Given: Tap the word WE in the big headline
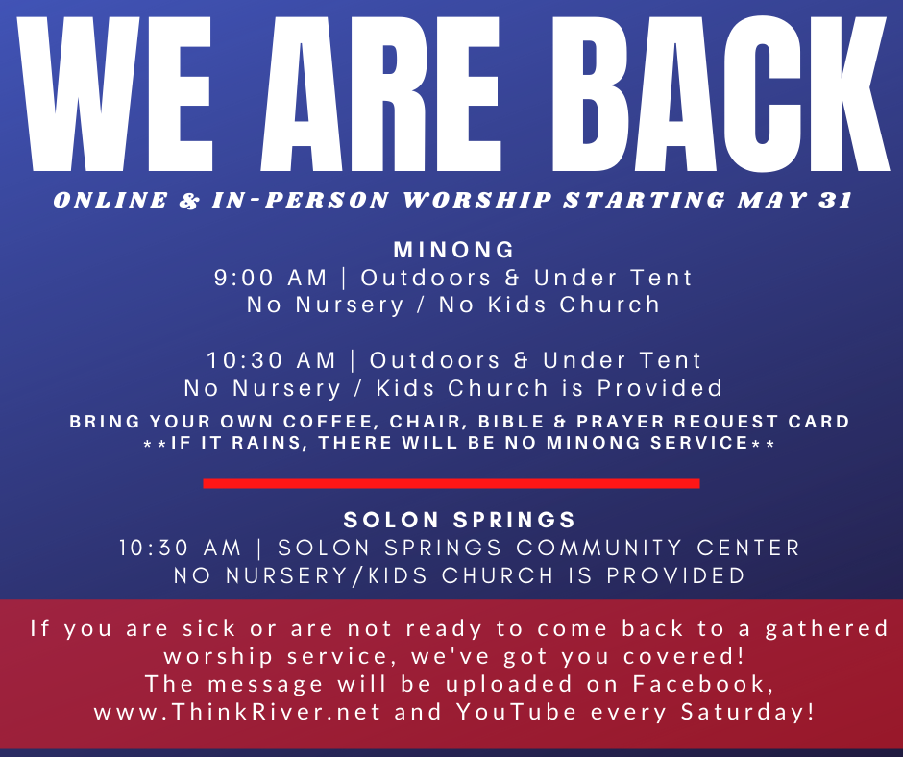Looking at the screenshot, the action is (115, 95).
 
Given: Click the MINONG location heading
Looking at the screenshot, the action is (453, 250).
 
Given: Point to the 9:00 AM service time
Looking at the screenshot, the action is (271, 278).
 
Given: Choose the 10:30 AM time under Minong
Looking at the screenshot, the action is (271, 360).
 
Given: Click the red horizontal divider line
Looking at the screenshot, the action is (451, 483).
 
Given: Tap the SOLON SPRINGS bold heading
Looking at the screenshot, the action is (459, 520).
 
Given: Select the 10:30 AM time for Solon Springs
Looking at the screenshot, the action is (180, 548).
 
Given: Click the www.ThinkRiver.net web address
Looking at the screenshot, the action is (237, 712).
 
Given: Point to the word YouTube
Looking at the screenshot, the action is (517, 712).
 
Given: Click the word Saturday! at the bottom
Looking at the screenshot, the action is (747, 712).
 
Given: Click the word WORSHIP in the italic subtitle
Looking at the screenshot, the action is (477, 200).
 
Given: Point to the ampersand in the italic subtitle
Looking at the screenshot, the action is (189, 200).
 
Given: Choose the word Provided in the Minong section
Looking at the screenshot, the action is (659, 388).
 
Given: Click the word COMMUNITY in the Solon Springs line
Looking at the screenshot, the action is (598, 548).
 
